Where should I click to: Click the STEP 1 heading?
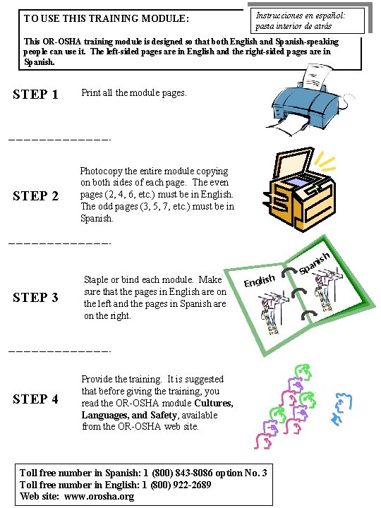(x=36, y=95)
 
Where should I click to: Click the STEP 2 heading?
(x=36, y=196)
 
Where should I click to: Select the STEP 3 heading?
(x=36, y=298)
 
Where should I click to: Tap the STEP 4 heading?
(x=36, y=399)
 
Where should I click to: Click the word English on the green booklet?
(x=260, y=281)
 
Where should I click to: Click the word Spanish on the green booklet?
(x=315, y=262)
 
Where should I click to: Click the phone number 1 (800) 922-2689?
(x=177, y=485)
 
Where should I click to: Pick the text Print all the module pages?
(x=134, y=92)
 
